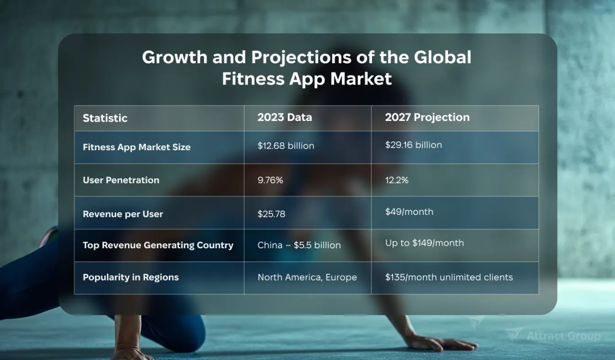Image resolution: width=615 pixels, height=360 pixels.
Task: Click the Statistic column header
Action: [x=105, y=118]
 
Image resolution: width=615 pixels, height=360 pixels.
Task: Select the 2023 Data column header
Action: [x=284, y=117]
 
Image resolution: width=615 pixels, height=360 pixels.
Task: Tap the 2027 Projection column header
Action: [x=427, y=117]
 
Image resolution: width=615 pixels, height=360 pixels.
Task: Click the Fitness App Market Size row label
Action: [x=136, y=147]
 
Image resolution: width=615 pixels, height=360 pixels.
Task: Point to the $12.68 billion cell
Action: [x=285, y=146]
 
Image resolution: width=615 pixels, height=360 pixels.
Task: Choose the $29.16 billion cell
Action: [x=413, y=145]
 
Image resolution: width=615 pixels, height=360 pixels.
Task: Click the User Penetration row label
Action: [x=121, y=181]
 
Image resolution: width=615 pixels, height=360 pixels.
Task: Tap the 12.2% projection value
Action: [x=397, y=180]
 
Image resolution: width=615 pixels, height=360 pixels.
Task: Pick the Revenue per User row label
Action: [x=122, y=214]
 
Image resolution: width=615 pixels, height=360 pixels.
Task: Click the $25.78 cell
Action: [x=271, y=213]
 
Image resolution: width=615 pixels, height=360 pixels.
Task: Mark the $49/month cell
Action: [x=409, y=212]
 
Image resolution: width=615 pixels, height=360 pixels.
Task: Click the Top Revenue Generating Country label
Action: [x=158, y=245]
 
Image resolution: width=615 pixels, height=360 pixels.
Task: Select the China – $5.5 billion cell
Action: [x=299, y=245]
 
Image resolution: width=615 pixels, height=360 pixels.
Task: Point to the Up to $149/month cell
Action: [x=424, y=243]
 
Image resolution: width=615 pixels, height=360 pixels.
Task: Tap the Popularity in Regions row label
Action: [x=131, y=277]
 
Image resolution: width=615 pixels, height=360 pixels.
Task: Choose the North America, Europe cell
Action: [x=307, y=277]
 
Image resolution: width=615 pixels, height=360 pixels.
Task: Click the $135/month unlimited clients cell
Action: [x=448, y=277]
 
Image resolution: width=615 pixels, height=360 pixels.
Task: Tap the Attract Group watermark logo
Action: [x=553, y=336]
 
